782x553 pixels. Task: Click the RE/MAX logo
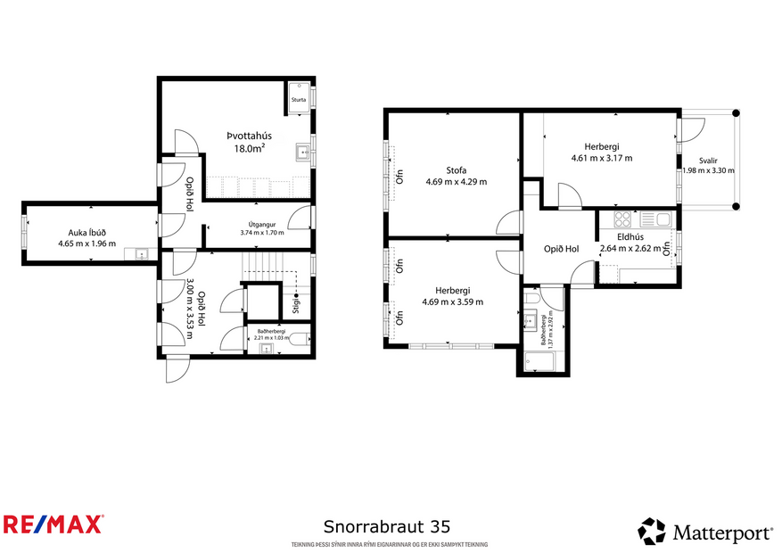tap(54, 524)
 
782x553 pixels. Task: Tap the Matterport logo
tap(705, 532)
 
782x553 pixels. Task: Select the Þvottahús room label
tap(249, 136)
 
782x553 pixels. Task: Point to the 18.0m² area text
tap(249, 149)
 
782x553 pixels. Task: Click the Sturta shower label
tap(298, 100)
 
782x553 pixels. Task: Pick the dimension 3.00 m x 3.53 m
tap(190, 310)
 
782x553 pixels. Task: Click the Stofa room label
tap(457, 170)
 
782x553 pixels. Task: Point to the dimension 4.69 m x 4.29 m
tap(457, 182)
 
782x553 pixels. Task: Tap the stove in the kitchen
tap(622, 219)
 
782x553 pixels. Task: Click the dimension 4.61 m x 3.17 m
tap(601, 158)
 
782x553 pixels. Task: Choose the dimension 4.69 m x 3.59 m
tap(452, 301)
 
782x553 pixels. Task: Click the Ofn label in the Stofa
tap(399, 177)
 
